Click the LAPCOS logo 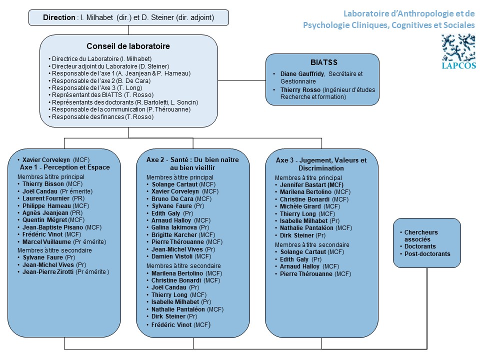(x=458, y=51)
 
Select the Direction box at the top (x=128, y=17)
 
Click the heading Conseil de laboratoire (x=128, y=46)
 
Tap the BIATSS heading (x=324, y=62)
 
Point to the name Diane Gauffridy (x=302, y=74)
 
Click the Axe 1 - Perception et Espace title (x=65, y=167)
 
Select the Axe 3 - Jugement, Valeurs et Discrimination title (x=321, y=164)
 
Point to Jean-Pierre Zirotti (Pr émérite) (x=65, y=272)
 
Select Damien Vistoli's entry (x=181, y=256)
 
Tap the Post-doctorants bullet (x=427, y=254)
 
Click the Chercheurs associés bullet (x=421, y=235)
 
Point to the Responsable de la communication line (x=121, y=109)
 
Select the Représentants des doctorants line (x=125, y=102)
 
